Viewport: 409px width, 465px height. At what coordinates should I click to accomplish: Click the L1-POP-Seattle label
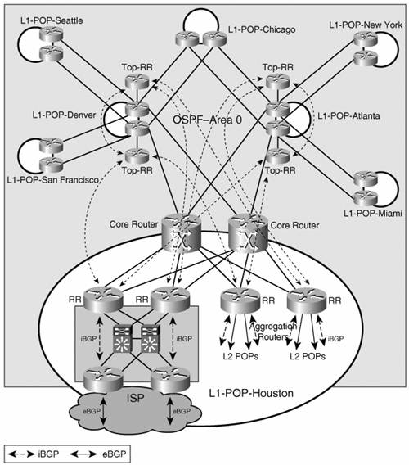click(52, 20)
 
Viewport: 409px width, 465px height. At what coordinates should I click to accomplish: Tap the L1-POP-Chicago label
click(262, 29)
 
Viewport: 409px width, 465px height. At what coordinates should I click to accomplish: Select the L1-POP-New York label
click(366, 25)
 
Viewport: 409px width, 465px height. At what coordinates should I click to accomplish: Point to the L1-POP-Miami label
click(372, 213)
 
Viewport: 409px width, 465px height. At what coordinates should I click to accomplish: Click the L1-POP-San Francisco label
click(52, 180)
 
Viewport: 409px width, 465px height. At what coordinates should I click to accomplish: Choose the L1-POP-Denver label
click(64, 115)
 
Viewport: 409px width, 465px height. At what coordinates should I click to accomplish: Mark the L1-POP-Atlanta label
click(348, 115)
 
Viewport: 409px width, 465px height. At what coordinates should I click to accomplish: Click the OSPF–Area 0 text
click(207, 120)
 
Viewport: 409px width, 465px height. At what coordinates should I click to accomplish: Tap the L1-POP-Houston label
click(251, 393)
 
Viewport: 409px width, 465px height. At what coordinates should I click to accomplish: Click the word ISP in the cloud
click(135, 398)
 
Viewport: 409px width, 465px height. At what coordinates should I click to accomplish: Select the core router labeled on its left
click(182, 231)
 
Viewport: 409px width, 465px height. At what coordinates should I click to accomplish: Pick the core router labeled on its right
click(248, 231)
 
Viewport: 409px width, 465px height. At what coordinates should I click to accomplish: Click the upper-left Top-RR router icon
click(137, 81)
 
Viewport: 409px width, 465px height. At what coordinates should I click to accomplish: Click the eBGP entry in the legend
click(114, 454)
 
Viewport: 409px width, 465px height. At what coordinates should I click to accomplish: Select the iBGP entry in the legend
click(48, 454)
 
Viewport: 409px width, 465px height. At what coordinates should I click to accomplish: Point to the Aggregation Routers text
click(273, 332)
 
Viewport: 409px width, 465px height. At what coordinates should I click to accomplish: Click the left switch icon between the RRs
click(122, 339)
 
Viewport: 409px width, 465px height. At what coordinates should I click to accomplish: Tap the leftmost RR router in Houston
click(103, 300)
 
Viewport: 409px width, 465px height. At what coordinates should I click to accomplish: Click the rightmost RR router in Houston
click(307, 300)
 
